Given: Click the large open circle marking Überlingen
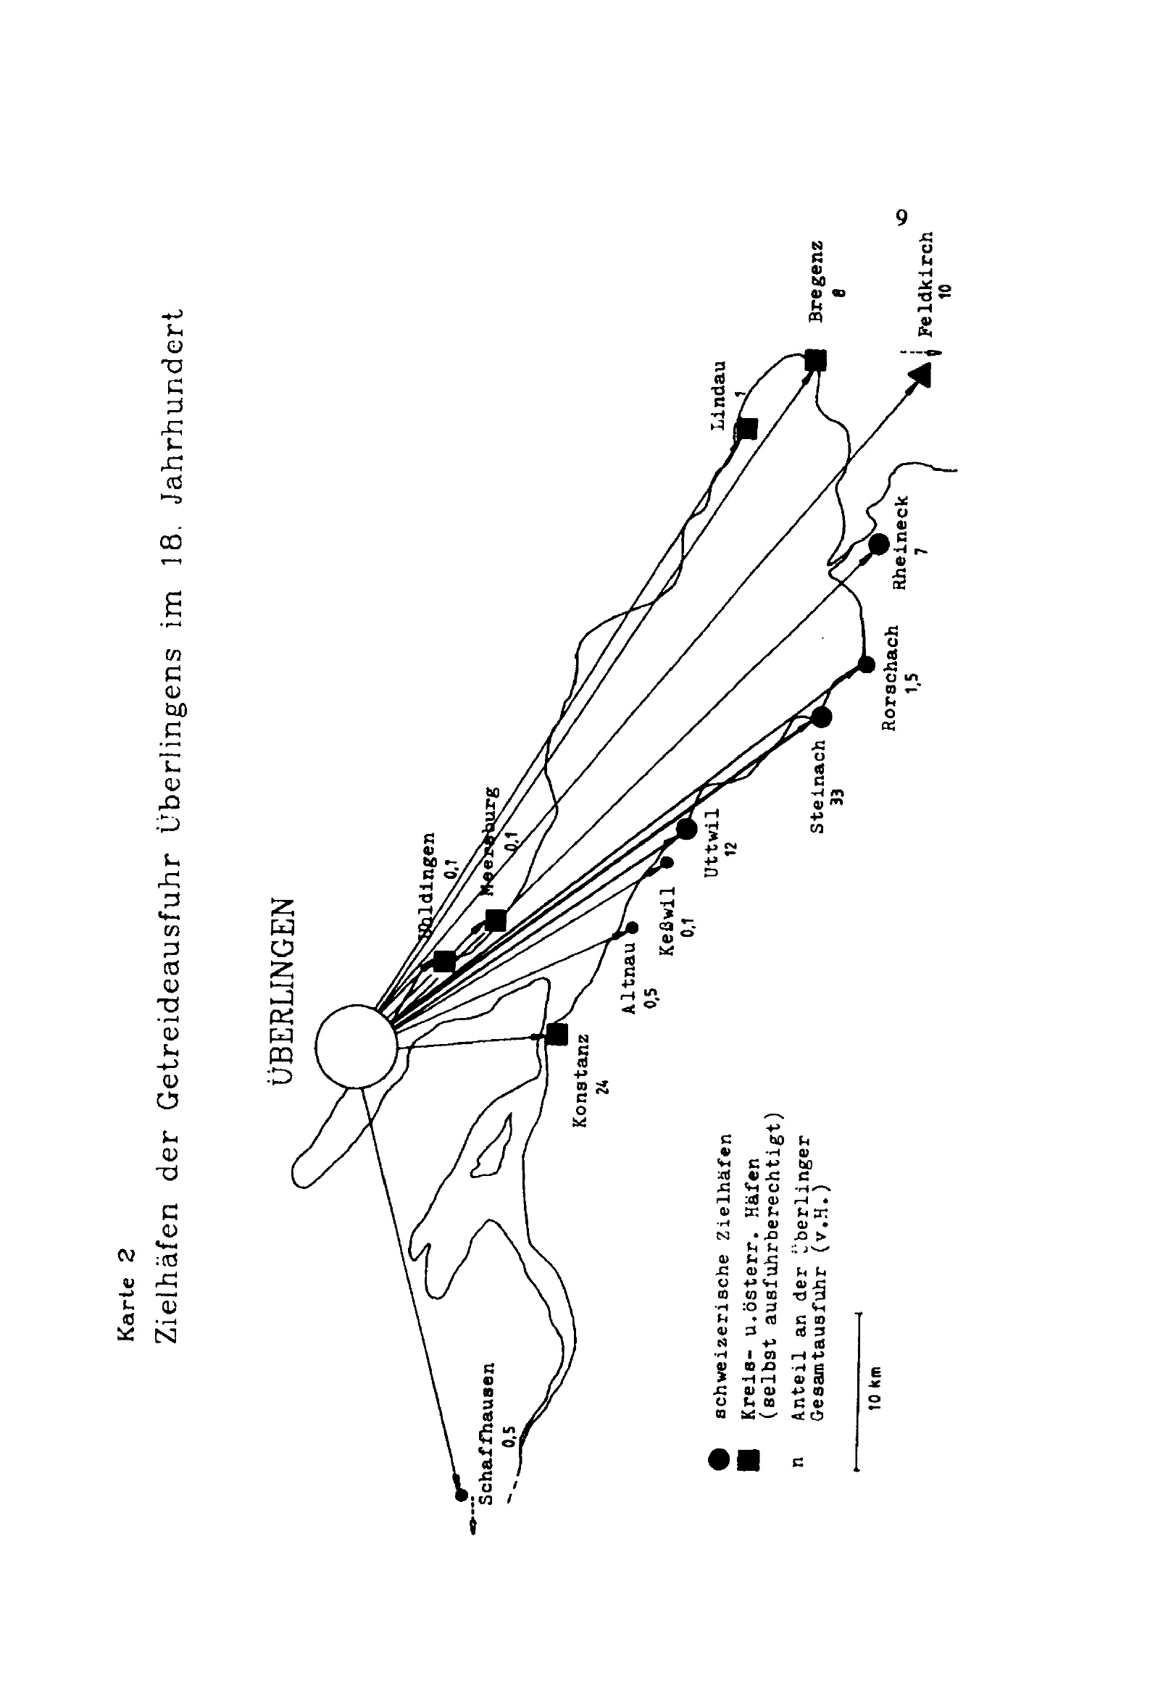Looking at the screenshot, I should (357, 1048).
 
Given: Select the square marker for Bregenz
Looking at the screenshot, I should (816, 359).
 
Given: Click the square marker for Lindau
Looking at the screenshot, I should (746, 429).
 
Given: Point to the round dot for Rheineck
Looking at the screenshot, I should (878, 543).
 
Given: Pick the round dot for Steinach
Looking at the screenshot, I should (822, 717).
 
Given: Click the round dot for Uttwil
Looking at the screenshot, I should (686, 829).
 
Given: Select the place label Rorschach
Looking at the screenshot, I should (890, 678).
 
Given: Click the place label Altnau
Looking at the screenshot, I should (629, 977).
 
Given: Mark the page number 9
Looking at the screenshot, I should (901, 218).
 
